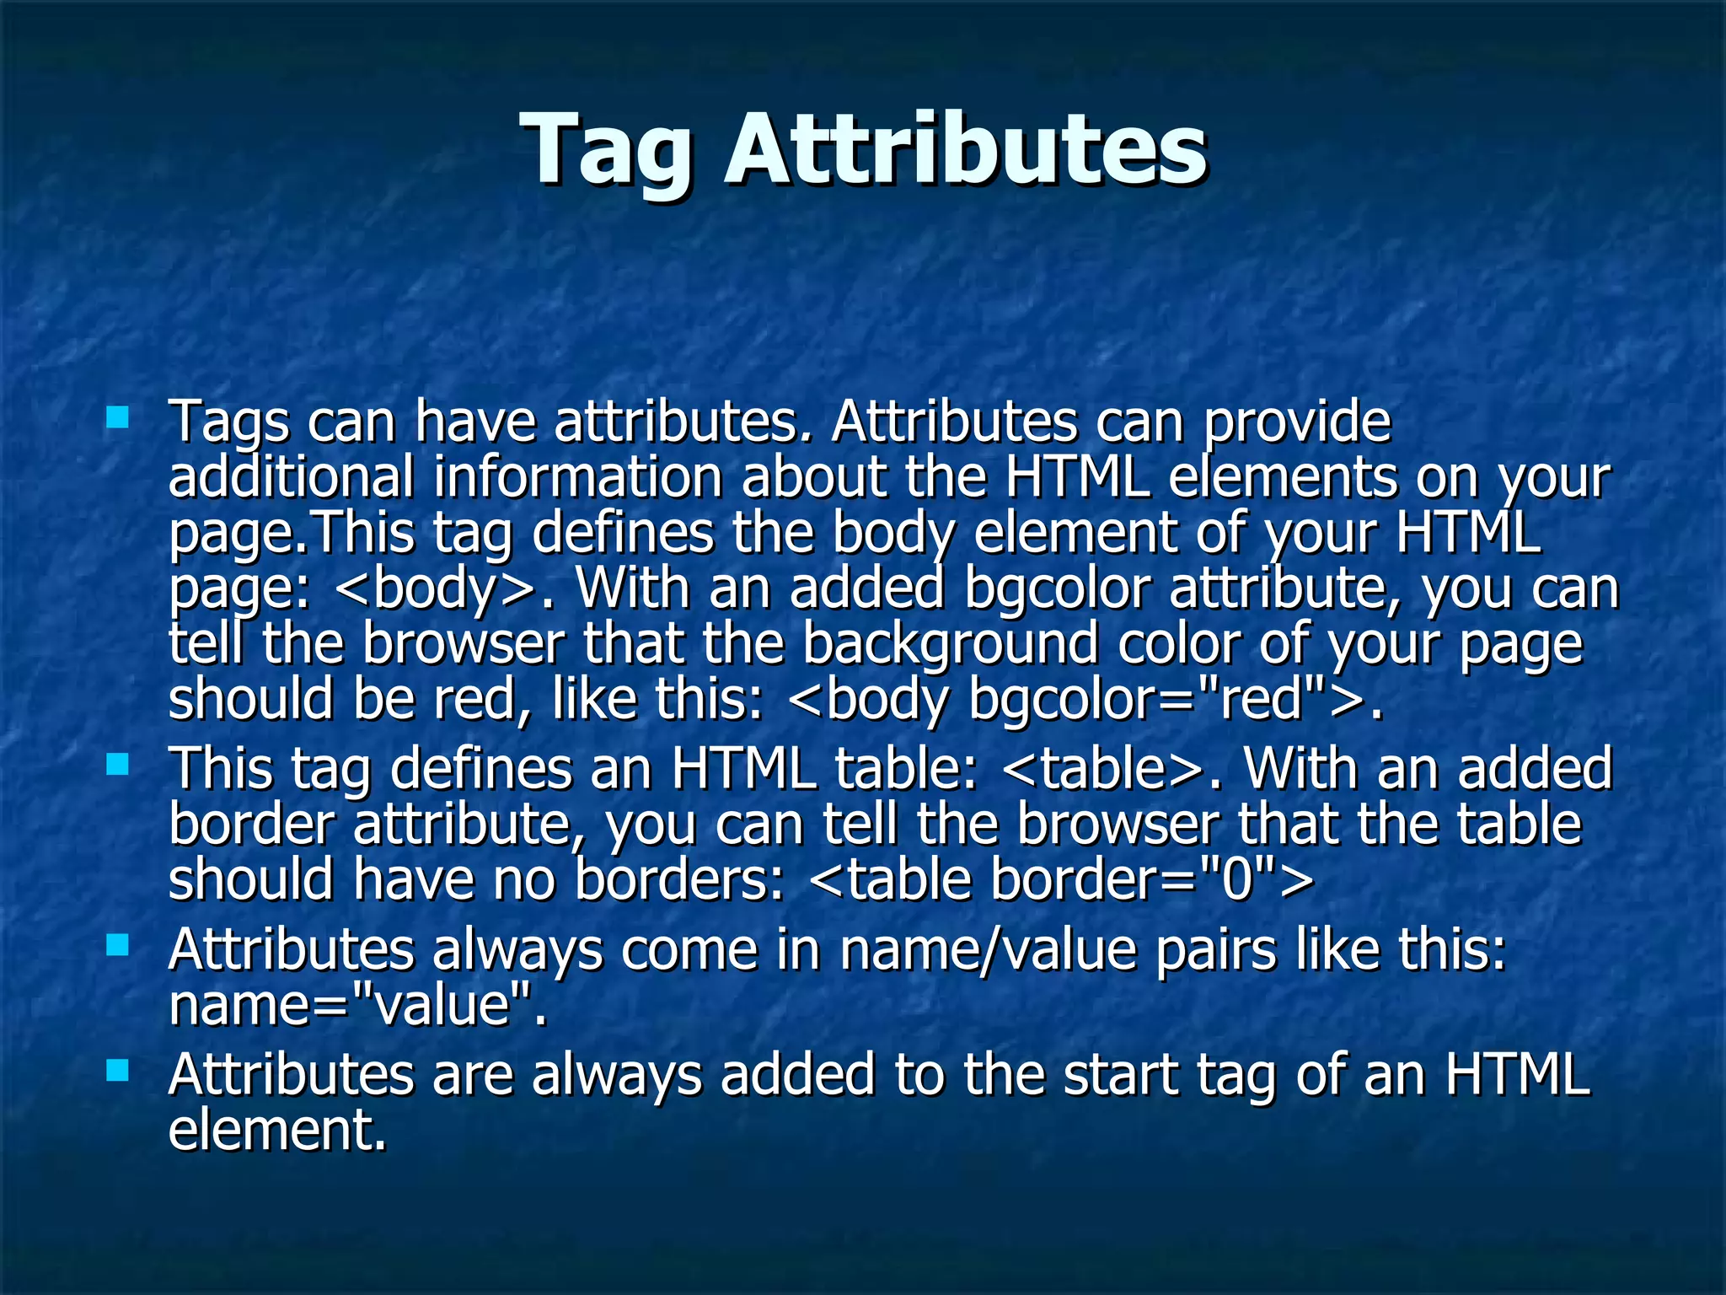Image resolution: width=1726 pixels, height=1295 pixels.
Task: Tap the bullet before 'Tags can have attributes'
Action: pyautogui.click(x=117, y=417)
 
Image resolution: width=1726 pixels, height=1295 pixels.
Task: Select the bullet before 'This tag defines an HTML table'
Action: pyautogui.click(x=117, y=765)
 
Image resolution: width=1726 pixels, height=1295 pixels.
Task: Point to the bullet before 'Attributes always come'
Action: pyautogui.click(x=117, y=946)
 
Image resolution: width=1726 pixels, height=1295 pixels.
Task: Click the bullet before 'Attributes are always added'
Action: pyautogui.click(x=117, y=1071)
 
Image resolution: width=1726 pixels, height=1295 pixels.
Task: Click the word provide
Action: pyautogui.click(x=1297, y=422)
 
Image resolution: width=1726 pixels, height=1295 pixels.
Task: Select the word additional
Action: pyautogui.click(x=291, y=476)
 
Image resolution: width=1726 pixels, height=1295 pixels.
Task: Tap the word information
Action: pyautogui.click(x=578, y=476)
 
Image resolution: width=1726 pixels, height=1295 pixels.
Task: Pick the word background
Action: pyautogui.click(x=950, y=645)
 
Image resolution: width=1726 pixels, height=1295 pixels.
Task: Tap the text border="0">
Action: pyautogui.click(x=1151, y=879)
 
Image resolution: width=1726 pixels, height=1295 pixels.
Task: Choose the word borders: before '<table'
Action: pyautogui.click(x=679, y=879)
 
